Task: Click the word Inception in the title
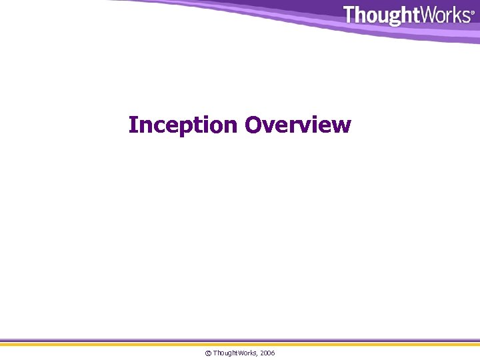[183, 125]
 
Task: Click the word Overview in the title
[297, 125]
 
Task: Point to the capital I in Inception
[133, 125]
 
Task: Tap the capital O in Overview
[253, 125]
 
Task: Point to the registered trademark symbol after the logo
[473, 12]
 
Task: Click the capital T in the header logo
[350, 15]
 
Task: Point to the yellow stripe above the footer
[240, 345]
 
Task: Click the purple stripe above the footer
[240, 341]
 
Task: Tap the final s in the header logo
[465, 16]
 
